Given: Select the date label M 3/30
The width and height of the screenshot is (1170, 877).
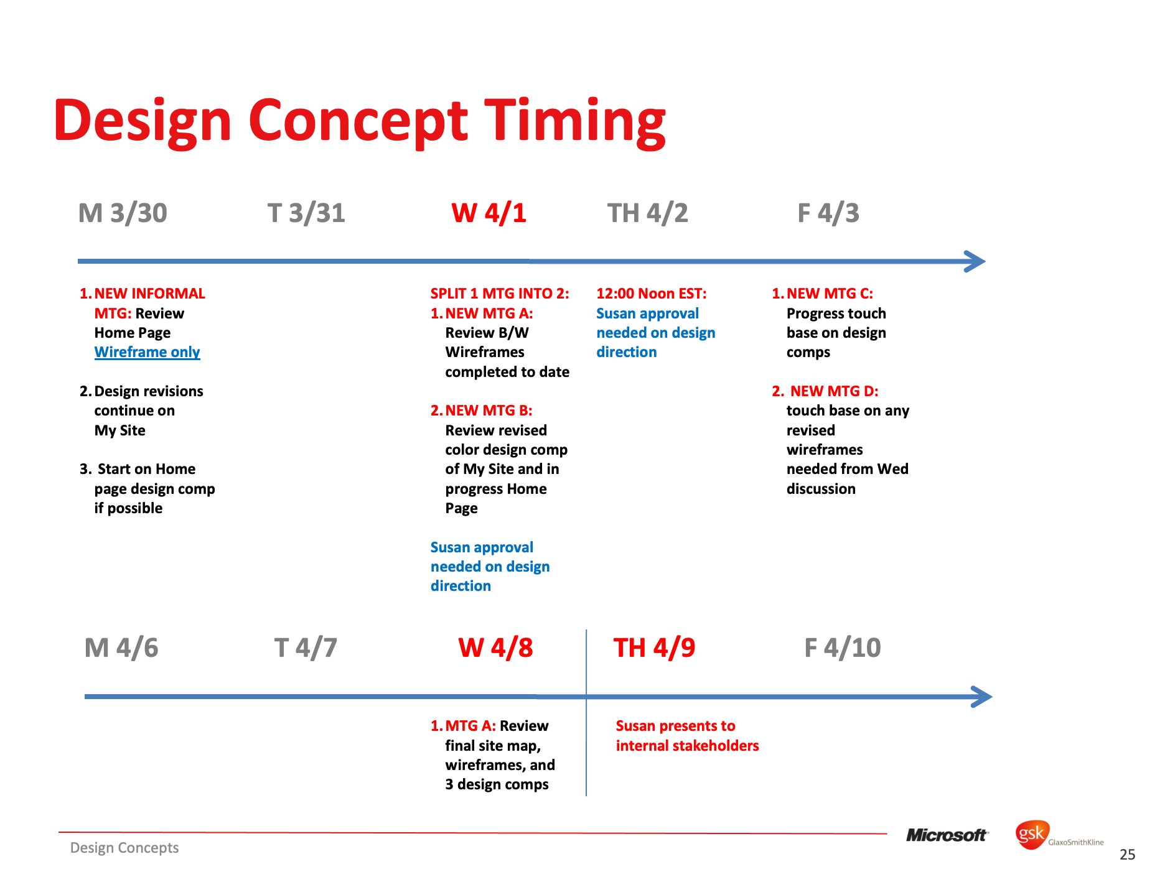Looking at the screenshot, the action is pos(123,213).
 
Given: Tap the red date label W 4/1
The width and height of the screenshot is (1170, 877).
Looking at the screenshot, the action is pos(489,213).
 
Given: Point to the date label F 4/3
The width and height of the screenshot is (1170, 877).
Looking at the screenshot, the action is pos(828,213).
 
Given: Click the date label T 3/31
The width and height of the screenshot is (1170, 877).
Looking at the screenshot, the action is pos(306,213).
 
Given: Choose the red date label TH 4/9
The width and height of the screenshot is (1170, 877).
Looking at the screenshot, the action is pos(654,648).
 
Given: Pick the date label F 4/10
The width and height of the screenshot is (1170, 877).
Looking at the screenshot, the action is pos(843,648).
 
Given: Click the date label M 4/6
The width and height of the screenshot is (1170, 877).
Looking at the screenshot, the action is pos(121,648).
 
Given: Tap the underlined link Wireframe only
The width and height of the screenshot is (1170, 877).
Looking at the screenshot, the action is pos(147,352).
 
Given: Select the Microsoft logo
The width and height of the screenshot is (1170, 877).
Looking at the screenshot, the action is pos(947,835).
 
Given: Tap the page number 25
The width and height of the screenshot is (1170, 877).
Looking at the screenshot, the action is pos(1127,855).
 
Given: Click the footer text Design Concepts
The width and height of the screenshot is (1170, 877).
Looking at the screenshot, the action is pos(124,848).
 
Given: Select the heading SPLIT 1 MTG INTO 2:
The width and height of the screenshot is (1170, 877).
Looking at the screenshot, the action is pos(500,294).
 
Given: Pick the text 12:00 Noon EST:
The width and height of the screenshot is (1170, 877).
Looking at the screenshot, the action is pos(652,294).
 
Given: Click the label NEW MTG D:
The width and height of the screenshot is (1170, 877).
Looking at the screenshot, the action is pos(834,391).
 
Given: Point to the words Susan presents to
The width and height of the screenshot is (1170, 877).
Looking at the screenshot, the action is pos(675,726).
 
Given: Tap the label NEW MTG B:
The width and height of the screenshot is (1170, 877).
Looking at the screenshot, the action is pos(489,411).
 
